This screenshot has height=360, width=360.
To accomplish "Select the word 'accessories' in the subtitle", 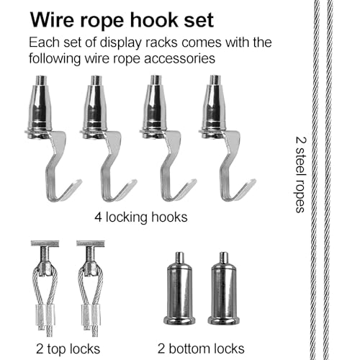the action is point(179,58).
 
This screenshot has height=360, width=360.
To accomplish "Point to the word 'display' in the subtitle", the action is point(120,43).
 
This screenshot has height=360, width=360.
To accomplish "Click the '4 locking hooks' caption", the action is point(141,217).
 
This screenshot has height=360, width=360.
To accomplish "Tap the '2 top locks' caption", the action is point(68,349).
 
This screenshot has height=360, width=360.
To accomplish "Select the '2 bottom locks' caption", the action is point(201,348).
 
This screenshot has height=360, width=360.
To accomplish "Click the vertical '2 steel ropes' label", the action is point(300,175).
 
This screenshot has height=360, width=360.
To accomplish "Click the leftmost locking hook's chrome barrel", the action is point(40,106).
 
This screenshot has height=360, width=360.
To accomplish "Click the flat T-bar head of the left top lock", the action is point(45,243).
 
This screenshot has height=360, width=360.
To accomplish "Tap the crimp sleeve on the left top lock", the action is point(45,315).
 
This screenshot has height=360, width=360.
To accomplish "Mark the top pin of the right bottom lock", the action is point(224,258).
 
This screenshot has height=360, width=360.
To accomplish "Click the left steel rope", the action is point(315,180).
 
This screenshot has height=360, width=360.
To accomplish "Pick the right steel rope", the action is point(328,180).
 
